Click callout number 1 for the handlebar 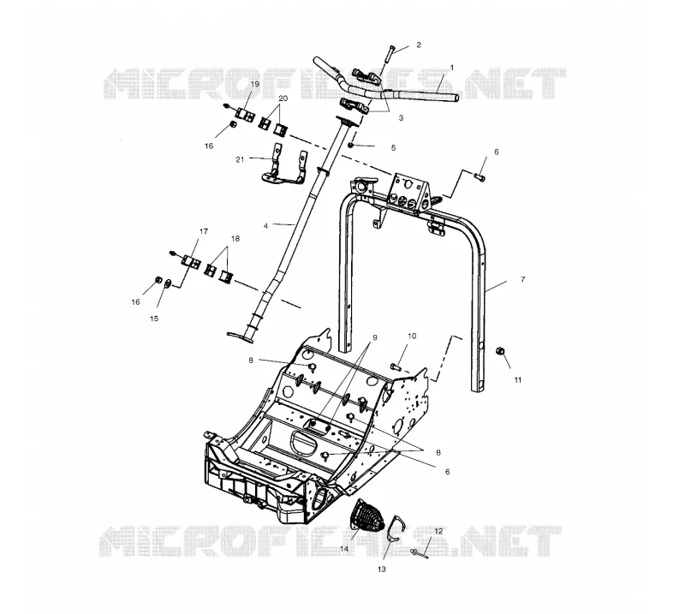coord(452,68)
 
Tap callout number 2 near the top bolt coord(419,45)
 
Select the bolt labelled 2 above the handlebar coord(390,54)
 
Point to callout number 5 coord(393,148)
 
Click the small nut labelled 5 coord(350,145)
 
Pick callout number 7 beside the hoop coord(523,279)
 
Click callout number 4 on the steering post coord(265,226)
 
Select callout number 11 coord(518,380)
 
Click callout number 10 coord(412,336)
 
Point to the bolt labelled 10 coord(396,367)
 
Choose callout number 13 coord(382,569)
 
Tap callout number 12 coord(439,532)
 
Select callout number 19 coord(255,83)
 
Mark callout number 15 coord(154,319)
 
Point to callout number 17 coord(204,231)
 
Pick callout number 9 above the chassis coord(374,337)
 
